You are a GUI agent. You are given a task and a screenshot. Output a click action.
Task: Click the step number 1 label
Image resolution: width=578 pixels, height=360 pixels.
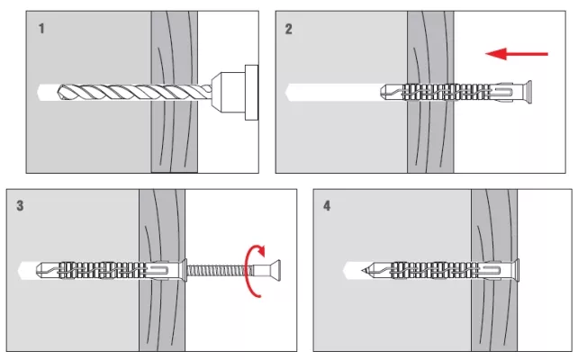41,29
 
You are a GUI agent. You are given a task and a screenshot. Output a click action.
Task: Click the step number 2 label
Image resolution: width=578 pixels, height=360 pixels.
288,29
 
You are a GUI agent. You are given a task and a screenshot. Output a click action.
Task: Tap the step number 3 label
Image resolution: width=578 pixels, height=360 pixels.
21,206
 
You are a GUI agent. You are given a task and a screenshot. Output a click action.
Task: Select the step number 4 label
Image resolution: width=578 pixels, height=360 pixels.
326,206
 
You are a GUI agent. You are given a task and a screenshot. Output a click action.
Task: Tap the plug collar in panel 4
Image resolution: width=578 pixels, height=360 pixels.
516,268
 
